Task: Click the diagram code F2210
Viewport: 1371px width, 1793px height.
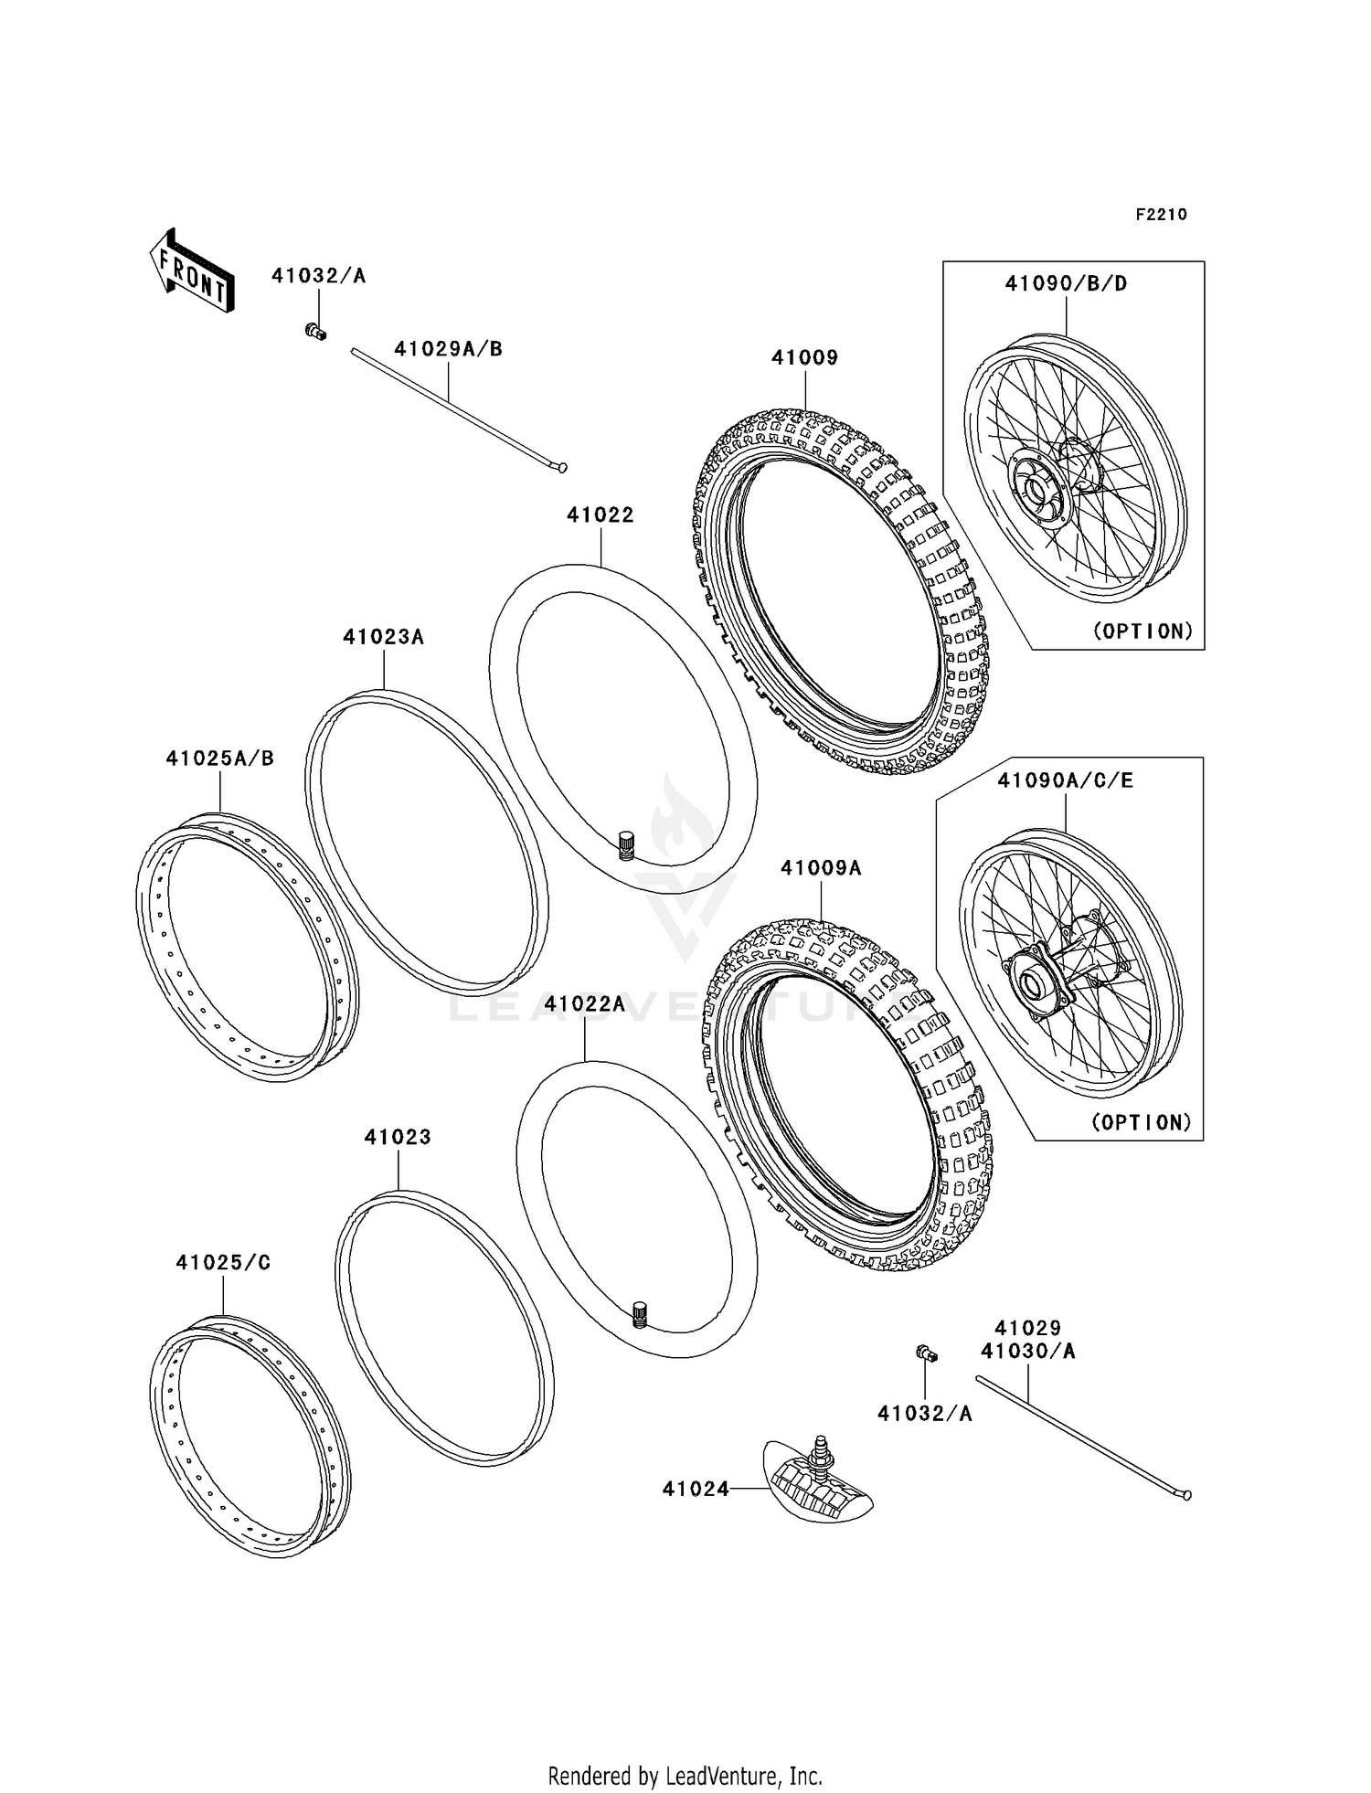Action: [x=1161, y=215]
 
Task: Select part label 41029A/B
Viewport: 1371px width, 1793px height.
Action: [x=448, y=349]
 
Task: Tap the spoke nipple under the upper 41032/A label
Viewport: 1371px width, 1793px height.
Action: [x=315, y=331]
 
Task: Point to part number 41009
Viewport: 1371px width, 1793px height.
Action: [x=804, y=358]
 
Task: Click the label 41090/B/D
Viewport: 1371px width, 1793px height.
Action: [x=1066, y=284]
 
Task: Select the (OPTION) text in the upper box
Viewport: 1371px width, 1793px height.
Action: [x=1142, y=631]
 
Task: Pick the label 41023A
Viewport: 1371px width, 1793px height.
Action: [x=383, y=637]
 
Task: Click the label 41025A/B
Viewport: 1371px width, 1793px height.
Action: [x=219, y=759]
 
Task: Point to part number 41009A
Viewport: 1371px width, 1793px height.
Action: [x=821, y=868]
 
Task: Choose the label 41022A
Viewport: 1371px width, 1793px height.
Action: [x=584, y=1004]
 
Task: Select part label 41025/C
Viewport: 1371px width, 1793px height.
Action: [x=223, y=1263]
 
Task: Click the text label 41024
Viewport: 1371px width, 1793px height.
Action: [x=696, y=1490]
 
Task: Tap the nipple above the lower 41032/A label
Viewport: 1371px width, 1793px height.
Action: [x=926, y=1354]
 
